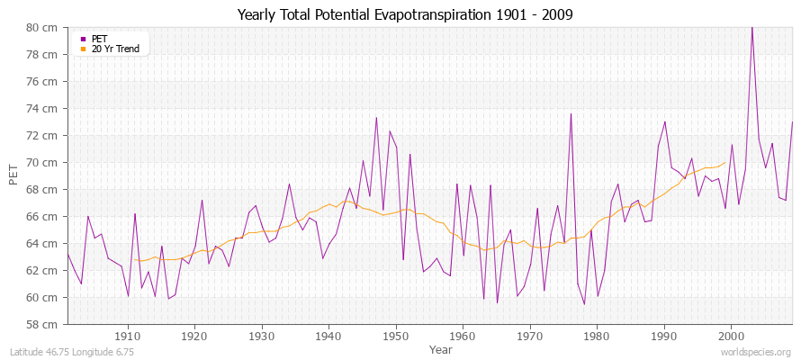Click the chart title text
[404, 14]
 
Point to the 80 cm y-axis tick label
[44, 28]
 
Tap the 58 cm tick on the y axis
[44, 324]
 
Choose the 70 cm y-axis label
[44, 163]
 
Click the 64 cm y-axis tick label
[44, 243]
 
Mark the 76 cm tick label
[44, 82]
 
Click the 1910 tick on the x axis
[128, 336]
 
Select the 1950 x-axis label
[395, 336]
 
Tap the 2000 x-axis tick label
[730, 336]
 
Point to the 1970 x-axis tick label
[529, 336]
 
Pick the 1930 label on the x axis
[262, 336]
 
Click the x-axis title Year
[441, 348]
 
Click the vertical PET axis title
[13, 175]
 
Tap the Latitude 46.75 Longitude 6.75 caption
[72, 353]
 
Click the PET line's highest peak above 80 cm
[751, 28]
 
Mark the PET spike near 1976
[571, 114]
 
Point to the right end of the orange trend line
[724, 163]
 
